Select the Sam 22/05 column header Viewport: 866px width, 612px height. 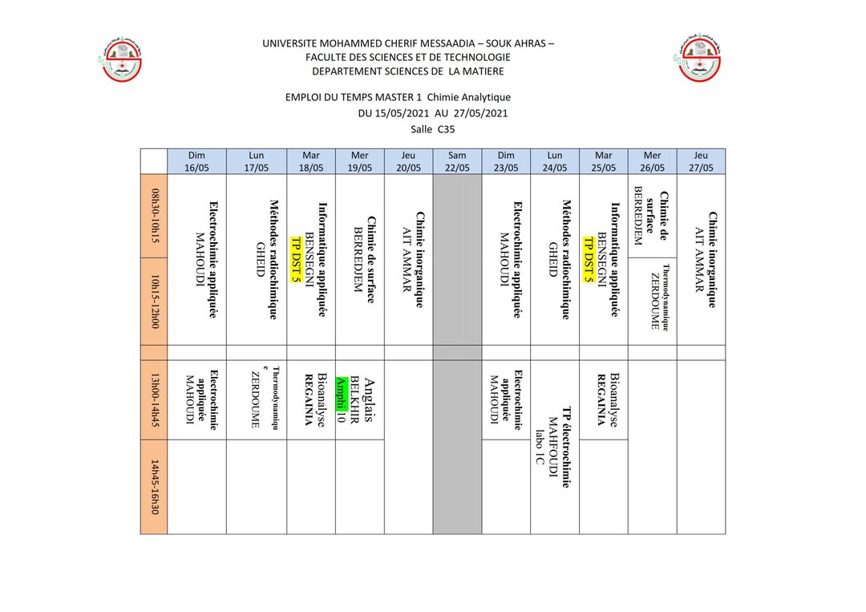[457, 161]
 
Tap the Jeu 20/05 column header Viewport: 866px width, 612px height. [408, 161]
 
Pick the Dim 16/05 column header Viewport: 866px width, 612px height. [196, 161]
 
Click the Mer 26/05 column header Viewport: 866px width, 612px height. [653, 161]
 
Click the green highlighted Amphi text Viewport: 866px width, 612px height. [341, 393]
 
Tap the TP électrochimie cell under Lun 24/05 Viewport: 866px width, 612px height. [555, 447]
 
